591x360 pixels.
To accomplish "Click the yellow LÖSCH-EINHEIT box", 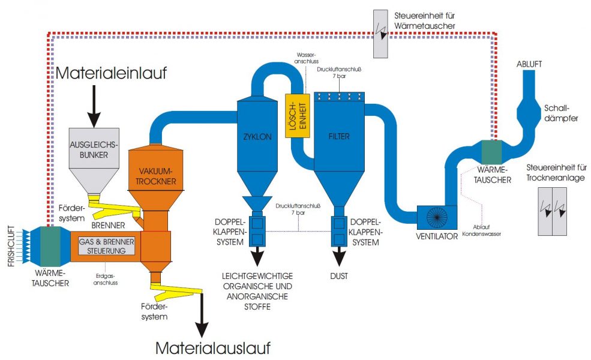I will coord(295,115).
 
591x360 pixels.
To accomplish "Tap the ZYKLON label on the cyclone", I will coord(258,136).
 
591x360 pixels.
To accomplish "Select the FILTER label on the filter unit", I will coord(339,136).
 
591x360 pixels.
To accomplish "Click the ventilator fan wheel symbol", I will coord(437,217).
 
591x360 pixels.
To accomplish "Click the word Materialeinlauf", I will coord(110,74).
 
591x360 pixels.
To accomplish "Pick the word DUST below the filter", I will coord(338,276).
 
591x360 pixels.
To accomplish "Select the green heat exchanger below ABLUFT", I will coord(491,152).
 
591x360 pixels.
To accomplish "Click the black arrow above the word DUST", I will coord(338,256).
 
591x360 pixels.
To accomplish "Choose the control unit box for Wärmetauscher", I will coord(380,34).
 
